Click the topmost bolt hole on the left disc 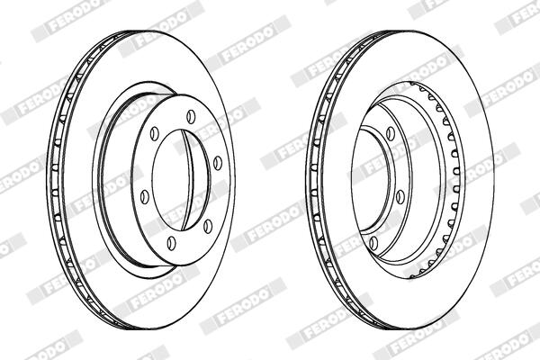(x=191, y=116)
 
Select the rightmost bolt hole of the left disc (x=218, y=163)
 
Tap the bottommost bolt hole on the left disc (x=171, y=243)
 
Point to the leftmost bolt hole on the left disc (x=145, y=197)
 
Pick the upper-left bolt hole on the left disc (x=155, y=133)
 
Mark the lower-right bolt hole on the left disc (x=208, y=226)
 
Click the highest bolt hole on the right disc (x=391, y=134)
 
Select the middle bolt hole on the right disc (x=400, y=196)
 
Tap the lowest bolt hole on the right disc (x=373, y=243)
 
